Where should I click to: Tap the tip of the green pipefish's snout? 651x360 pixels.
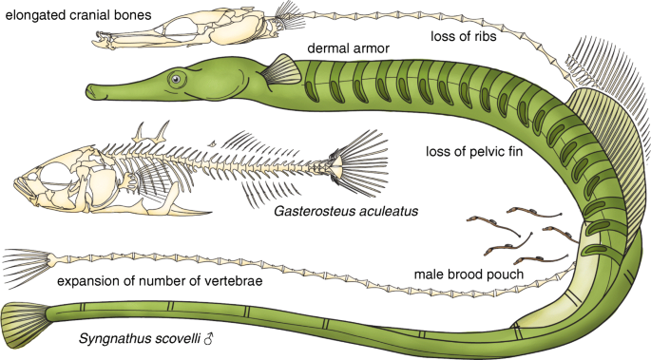tap(91, 91)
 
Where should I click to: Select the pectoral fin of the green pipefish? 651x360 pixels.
tap(280, 68)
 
